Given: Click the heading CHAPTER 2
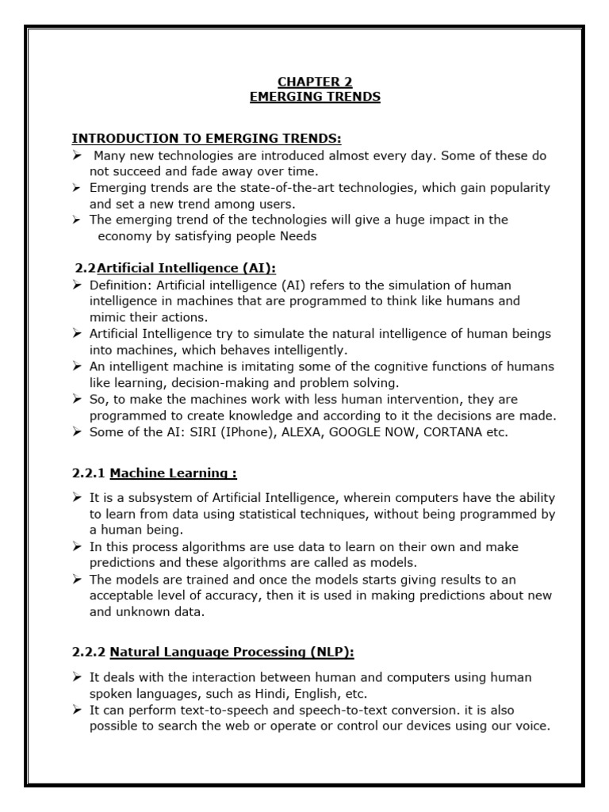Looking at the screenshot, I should (x=315, y=82).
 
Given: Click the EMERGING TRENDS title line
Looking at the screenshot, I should (x=315, y=97).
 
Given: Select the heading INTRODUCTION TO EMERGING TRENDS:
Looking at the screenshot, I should (x=207, y=138).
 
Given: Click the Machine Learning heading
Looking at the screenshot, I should (x=173, y=473).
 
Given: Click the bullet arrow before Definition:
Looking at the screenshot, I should (x=76, y=285).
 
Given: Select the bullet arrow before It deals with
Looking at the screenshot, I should (x=76, y=677).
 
